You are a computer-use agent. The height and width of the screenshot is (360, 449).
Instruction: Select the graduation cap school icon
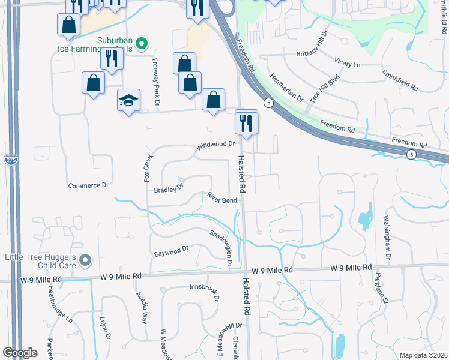[x=128, y=100]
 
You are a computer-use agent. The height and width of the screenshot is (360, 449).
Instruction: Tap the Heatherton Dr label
[x=286, y=87]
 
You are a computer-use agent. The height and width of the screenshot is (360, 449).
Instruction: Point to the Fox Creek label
[x=148, y=167]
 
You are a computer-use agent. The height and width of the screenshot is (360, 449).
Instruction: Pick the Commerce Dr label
[x=88, y=185]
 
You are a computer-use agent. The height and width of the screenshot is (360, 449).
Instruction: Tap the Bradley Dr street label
[x=169, y=188]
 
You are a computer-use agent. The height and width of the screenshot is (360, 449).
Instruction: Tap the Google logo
[x=20, y=353]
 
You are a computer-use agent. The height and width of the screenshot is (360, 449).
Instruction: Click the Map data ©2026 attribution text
[x=423, y=355]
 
